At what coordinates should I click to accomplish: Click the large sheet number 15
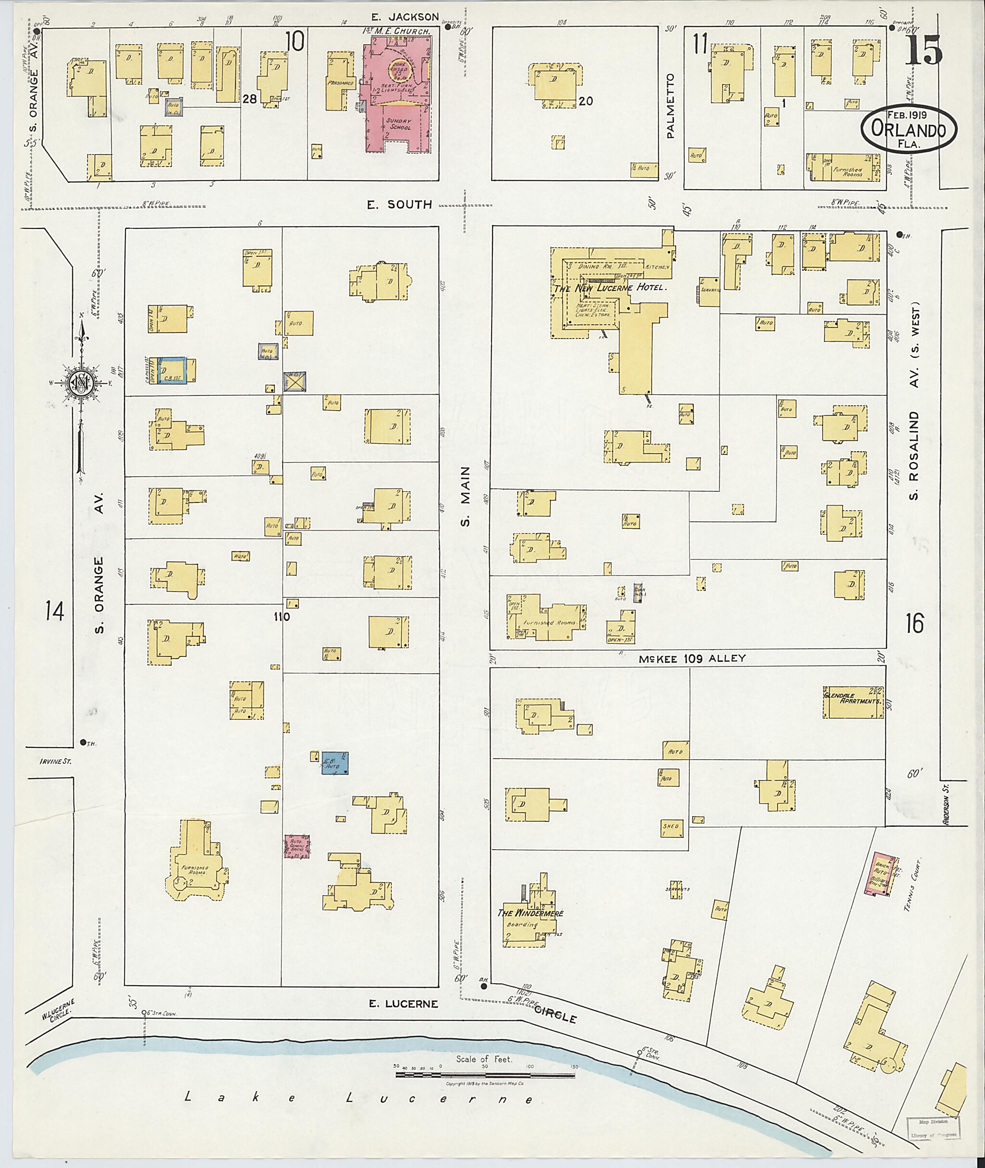[923, 50]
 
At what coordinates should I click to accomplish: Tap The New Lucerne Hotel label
[610, 288]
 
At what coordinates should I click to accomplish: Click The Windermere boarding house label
[530, 914]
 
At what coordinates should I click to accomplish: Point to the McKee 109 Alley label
[691, 658]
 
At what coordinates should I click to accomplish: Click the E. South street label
[399, 205]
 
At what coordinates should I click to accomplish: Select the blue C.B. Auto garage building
[336, 763]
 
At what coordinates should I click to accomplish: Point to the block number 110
[281, 617]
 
